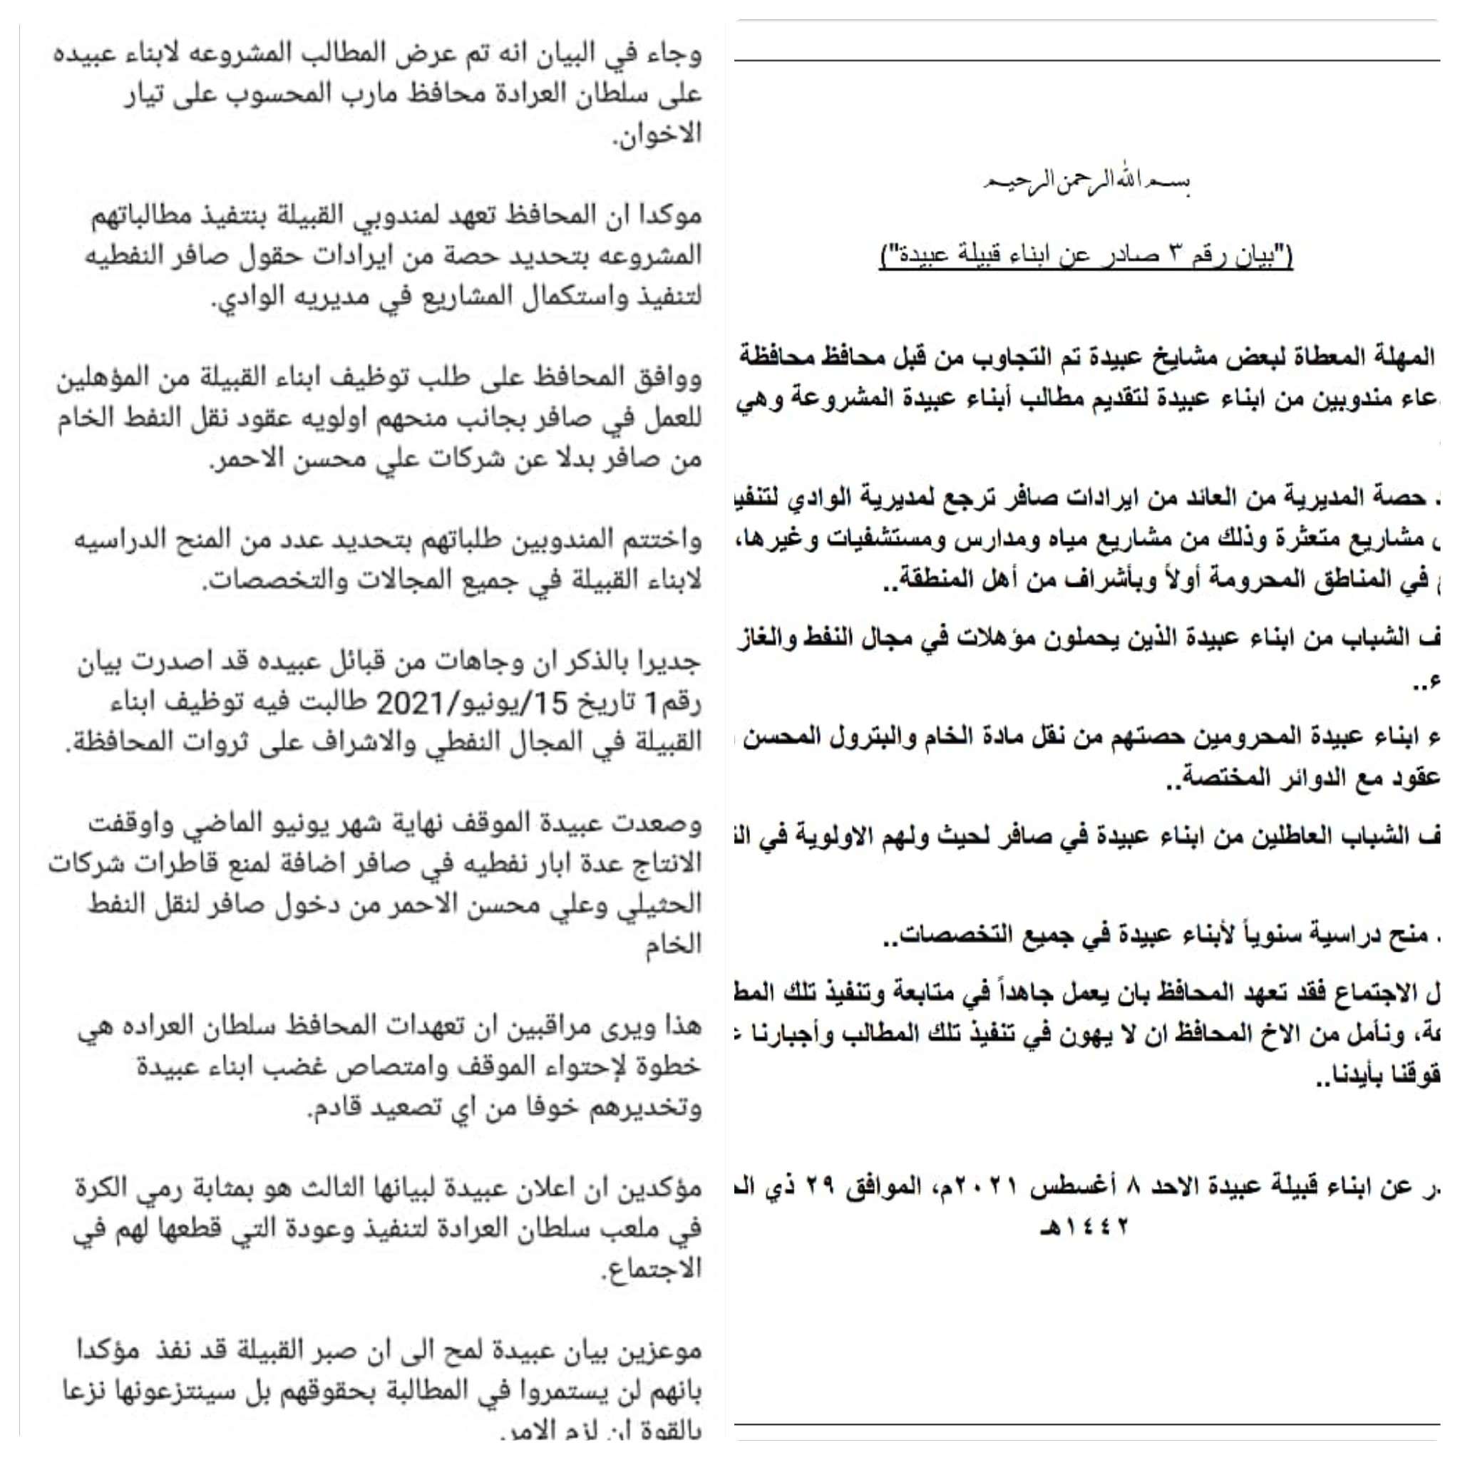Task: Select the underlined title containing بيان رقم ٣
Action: pyautogui.click(x=1086, y=257)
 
